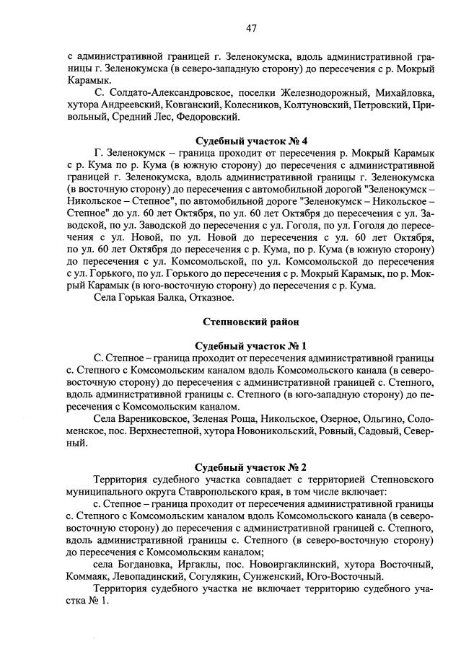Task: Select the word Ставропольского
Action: pos(200,492)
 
